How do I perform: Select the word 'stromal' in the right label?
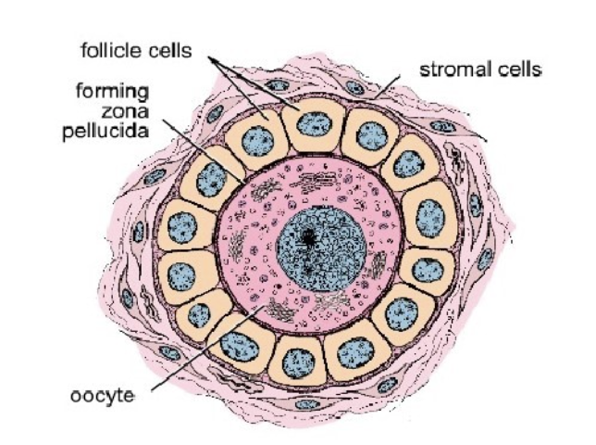[451, 69]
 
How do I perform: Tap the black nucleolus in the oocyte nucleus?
[307, 237]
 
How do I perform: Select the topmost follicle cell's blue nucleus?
[311, 121]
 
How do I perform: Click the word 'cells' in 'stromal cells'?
[518, 69]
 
